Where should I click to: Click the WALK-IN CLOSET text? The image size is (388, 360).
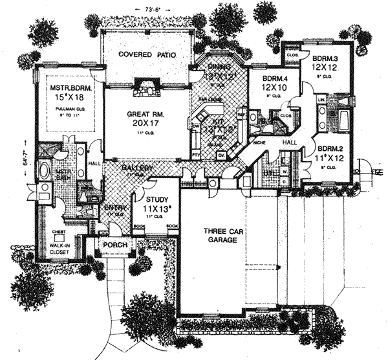pyautogui.click(x=63, y=240)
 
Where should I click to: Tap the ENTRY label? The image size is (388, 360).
pyautogui.click(x=116, y=207)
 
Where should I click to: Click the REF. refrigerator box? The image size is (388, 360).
pyautogui.click(x=241, y=114)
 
